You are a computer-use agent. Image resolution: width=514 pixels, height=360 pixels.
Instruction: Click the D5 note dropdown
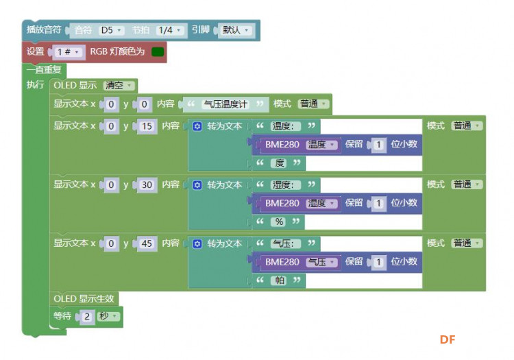tap(112, 30)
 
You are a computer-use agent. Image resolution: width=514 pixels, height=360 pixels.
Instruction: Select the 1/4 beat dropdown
tap(169, 30)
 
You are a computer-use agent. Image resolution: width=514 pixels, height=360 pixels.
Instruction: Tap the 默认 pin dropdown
tap(235, 30)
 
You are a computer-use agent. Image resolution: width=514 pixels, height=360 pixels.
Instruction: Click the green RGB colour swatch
tap(158, 52)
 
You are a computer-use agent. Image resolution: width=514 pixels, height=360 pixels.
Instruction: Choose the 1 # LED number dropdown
tap(68, 52)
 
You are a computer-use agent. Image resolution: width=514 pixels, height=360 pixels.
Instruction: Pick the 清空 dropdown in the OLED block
tap(119, 86)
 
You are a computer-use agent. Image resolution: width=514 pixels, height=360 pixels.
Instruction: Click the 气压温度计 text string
tap(225, 104)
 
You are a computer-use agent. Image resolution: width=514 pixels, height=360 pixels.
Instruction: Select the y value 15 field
tap(147, 126)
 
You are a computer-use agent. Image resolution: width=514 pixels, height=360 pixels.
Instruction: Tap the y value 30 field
tap(147, 185)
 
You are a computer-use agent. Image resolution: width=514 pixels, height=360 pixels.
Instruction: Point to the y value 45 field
tap(147, 243)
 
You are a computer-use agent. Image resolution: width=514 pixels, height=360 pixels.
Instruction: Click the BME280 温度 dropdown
tap(321, 145)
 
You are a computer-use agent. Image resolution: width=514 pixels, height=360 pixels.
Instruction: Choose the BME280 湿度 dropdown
tap(321, 203)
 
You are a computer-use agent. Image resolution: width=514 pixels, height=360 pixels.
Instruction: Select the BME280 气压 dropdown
tap(321, 262)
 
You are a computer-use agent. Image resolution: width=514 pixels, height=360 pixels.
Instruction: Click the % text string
tap(279, 222)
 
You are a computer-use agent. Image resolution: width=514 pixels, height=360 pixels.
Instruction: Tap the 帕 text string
tap(280, 280)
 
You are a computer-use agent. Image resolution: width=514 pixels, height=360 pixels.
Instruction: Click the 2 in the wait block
tap(87, 316)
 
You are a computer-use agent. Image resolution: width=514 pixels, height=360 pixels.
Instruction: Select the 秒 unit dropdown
tap(108, 316)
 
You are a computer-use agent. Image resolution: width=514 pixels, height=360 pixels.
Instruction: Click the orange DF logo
tap(448, 339)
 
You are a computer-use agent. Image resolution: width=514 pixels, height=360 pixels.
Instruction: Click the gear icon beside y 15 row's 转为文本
tap(197, 126)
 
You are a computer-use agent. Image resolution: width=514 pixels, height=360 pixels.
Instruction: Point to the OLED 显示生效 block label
tap(84, 299)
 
